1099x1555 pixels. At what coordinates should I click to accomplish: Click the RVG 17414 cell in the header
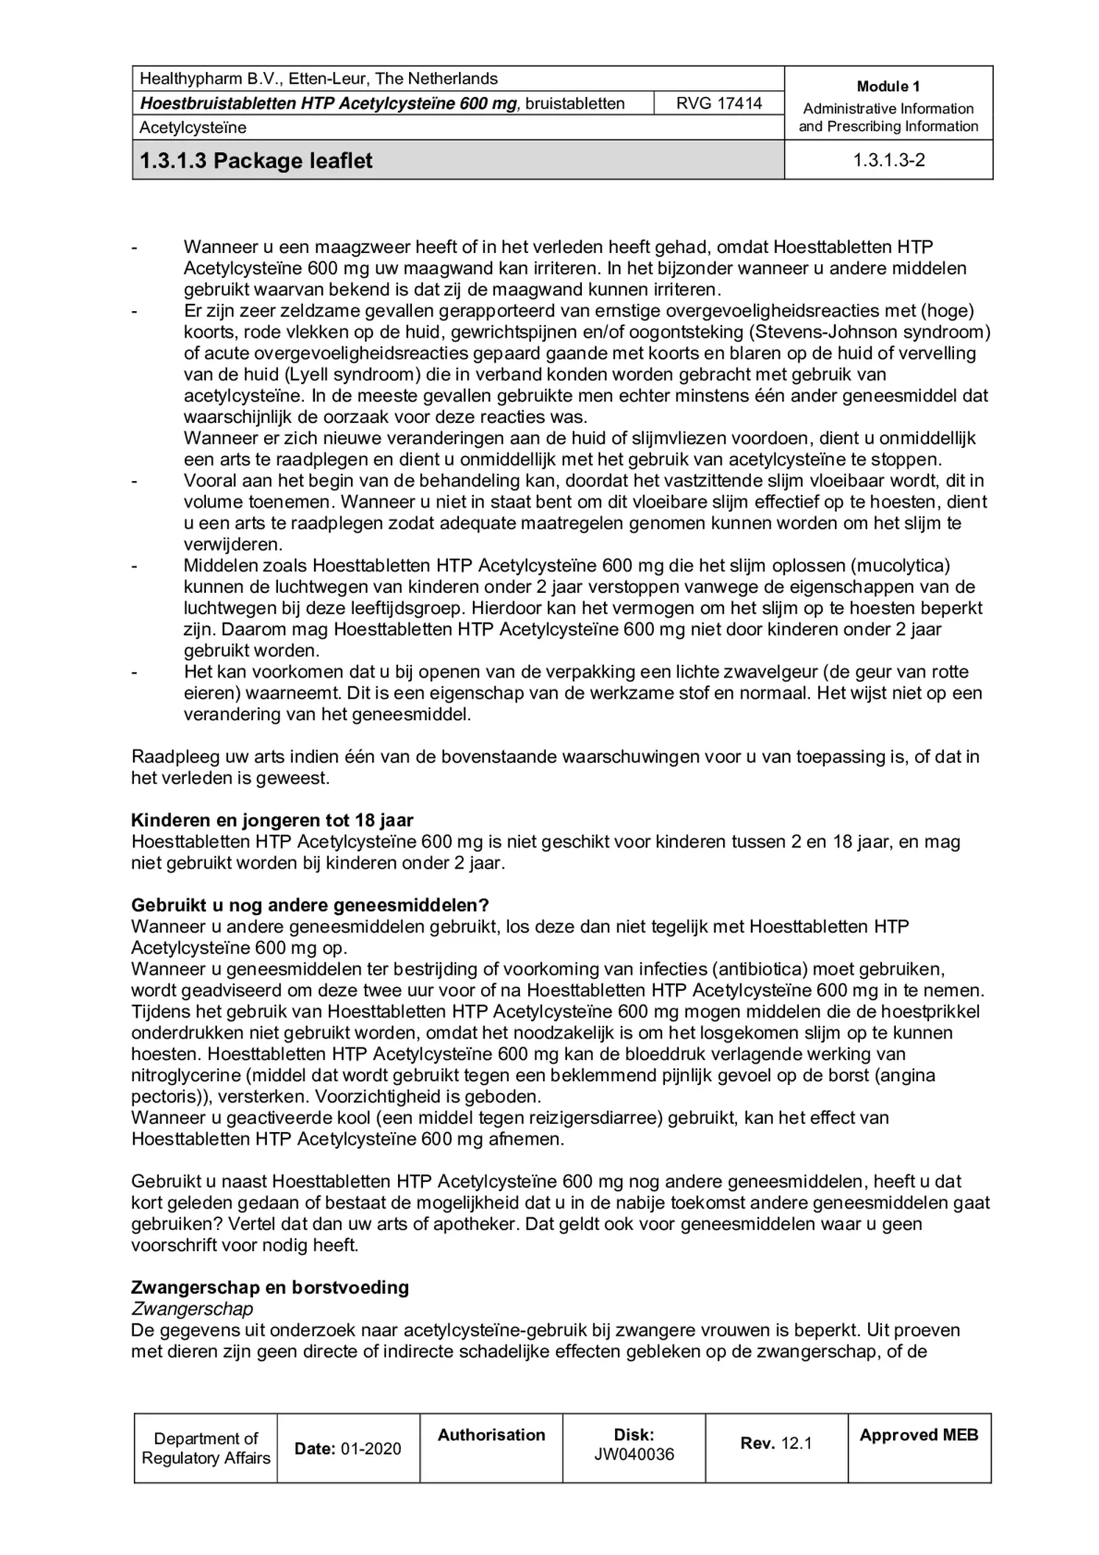tap(719, 103)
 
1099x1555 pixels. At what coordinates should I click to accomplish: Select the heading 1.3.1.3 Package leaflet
tap(256, 160)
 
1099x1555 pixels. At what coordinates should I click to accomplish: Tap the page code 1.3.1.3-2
tap(888, 160)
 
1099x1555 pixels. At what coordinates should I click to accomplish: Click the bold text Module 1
tap(888, 87)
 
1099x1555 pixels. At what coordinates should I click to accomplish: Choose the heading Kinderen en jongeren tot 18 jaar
tap(272, 820)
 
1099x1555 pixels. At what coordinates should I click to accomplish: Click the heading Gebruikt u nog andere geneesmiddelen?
tap(310, 905)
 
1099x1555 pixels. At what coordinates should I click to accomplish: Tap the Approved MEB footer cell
tap(918, 1435)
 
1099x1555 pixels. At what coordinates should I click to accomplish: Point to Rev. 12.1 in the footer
tap(775, 1443)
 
